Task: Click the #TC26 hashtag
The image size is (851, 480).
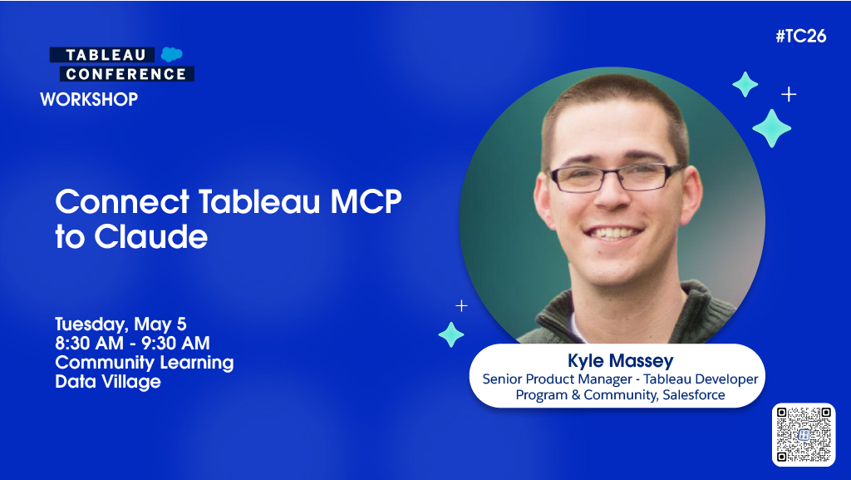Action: click(x=800, y=37)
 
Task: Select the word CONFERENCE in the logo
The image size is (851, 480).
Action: click(x=126, y=74)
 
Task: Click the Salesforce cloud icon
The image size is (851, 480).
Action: click(x=172, y=55)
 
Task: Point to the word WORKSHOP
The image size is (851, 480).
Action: click(x=89, y=100)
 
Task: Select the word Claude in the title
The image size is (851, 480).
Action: click(x=150, y=237)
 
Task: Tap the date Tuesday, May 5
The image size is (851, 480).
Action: click(x=121, y=324)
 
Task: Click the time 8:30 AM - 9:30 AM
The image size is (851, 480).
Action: click(x=132, y=343)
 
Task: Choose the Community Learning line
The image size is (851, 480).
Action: click(x=144, y=363)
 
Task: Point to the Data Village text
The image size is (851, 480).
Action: click(x=108, y=382)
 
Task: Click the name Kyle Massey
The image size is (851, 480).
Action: click(x=620, y=360)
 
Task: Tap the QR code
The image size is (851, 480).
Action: click(x=803, y=434)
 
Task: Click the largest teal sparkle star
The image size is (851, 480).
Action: click(x=771, y=128)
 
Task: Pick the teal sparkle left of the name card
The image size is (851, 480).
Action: click(x=451, y=334)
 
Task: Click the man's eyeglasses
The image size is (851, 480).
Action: click(x=617, y=176)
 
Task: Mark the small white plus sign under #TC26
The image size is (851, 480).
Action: click(x=789, y=94)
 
